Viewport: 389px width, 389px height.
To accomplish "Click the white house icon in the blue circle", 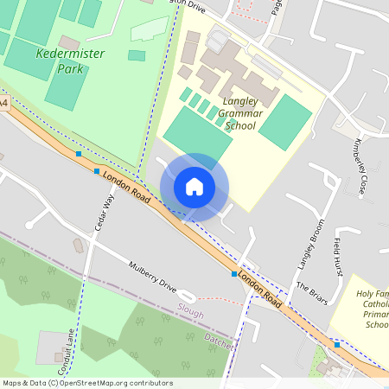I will pyautogui.click(x=194, y=187).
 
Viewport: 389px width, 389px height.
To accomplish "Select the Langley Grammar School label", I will pyautogui.click(x=239, y=107).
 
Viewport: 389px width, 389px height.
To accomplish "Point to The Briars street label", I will pyautogui.click(x=312, y=292).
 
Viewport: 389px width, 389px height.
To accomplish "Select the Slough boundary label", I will pyautogui.click(x=190, y=309).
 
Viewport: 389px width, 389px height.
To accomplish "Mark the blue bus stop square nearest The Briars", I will pyautogui.click(x=233, y=273).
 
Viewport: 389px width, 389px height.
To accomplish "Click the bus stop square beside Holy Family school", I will pyautogui.click(x=337, y=344).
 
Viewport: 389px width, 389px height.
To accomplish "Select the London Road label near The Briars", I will pyautogui.click(x=259, y=290).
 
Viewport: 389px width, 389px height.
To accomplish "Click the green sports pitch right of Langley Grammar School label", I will pyautogui.click(x=285, y=122).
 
